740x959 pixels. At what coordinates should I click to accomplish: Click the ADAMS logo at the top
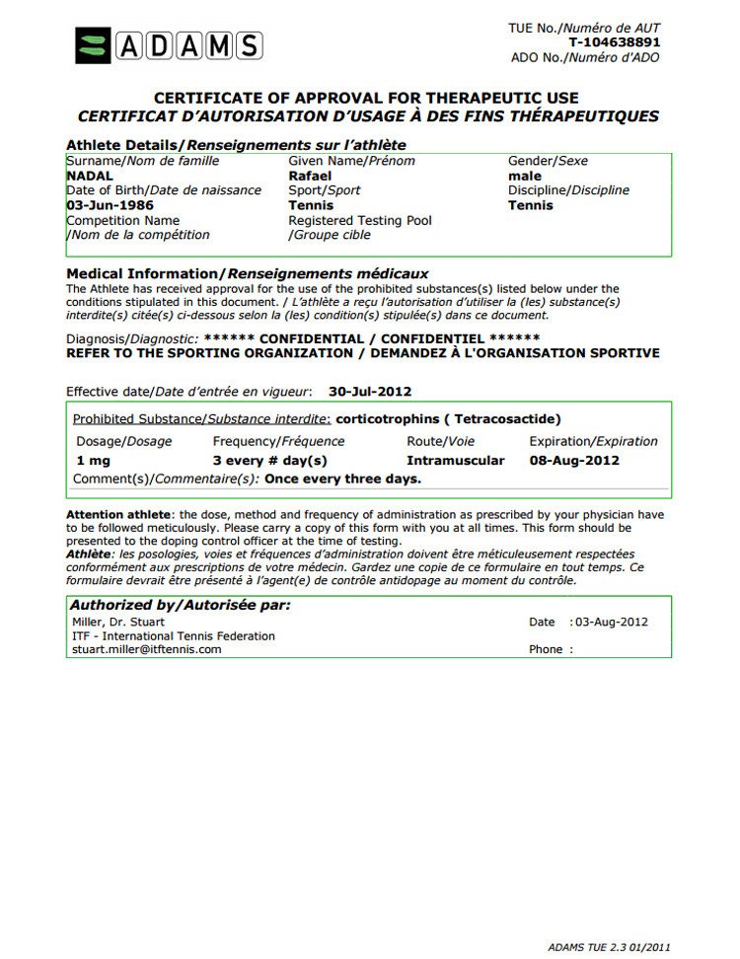point(168,45)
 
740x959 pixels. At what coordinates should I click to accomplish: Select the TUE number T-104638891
point(614,42)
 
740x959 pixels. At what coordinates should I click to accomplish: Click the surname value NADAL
point(90,176)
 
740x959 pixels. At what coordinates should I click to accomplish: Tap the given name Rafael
point(310,176)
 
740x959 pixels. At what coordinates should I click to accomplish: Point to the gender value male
point(525,176)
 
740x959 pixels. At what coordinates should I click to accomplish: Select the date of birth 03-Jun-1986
point(110,205)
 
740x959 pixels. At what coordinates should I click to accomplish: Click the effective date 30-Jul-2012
point(370,391)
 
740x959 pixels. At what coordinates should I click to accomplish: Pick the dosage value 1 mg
point(94,461)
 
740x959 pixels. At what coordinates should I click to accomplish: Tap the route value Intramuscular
point(456,461)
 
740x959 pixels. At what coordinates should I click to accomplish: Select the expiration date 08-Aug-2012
point(574,461)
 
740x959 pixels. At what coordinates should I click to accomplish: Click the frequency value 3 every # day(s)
point(269,461)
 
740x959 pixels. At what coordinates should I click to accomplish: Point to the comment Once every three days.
point(342,479)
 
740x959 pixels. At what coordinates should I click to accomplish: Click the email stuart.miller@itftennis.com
point(147,649)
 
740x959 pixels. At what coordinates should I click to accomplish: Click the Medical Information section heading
point(247,273)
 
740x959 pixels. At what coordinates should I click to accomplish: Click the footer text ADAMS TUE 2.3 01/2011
point(610,945)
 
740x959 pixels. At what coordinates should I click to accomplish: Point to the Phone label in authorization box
point(546,649)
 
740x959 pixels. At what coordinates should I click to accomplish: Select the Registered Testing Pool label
point(360,220)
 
